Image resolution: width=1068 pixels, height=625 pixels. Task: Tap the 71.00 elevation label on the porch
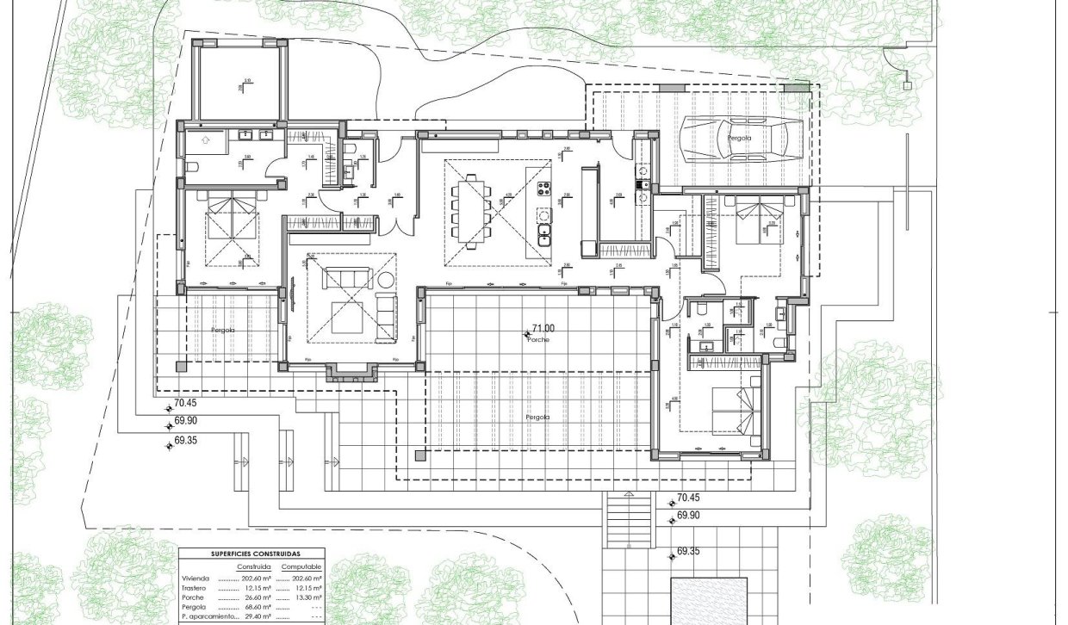(543, 328)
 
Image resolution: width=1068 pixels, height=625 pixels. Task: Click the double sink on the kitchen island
(544, 232)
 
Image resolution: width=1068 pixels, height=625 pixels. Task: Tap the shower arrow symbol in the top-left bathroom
(204, 138)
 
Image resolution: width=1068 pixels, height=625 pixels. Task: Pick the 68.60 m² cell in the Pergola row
(258, 607)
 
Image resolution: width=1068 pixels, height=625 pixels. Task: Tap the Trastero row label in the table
(194, 588)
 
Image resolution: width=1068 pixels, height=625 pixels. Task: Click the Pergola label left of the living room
(223, 330)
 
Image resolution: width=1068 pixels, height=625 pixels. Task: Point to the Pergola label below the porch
(537, 417)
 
